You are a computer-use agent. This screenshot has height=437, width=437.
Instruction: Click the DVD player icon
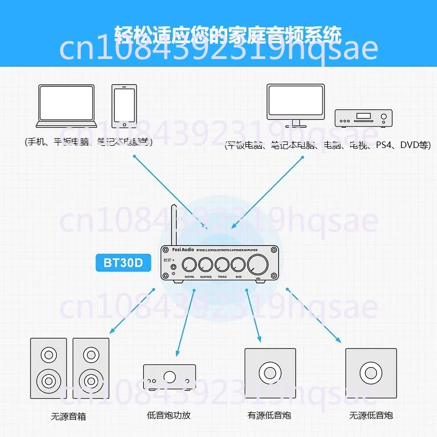click(363, 116)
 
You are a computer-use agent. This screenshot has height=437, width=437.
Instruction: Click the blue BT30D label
click(123, 263)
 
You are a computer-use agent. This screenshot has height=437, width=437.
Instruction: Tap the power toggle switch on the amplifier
click(173, 268)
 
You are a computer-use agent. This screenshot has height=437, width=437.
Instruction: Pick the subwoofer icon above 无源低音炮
click(371, 374)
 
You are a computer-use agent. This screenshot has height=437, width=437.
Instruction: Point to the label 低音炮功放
click(169, 416)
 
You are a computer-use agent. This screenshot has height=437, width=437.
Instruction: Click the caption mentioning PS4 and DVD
click(328, 145)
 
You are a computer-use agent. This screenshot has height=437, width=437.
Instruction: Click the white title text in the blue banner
click(228, 36)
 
